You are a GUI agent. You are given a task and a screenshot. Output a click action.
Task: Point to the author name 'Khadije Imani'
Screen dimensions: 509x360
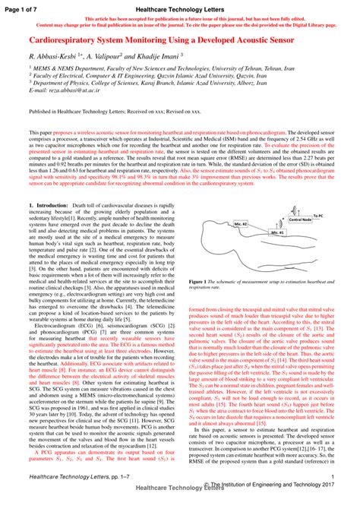[x=157, y=57]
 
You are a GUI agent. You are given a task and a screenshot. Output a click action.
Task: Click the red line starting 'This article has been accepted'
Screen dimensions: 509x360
[x=179, y=17]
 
